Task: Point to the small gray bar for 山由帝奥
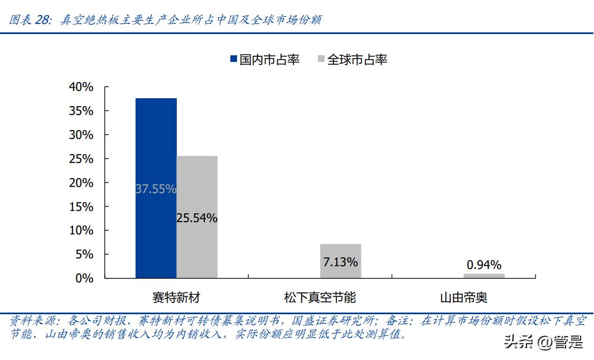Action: pyautogui.click(x=484, y=276)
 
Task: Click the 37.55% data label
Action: pyautogui.click(x=156, y=189)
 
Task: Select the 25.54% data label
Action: pyautogui.click(x=197, y=218)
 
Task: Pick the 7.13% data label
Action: pyautogui.click(x=340, y=262)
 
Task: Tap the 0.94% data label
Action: pyautogui.click(x=484, y=265)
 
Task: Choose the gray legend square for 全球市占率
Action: pyautogui.click(x=321, y=60)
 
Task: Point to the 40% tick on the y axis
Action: pyautogui.click(x=81, y=87)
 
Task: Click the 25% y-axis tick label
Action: pyautogui.click(x=81, y=159)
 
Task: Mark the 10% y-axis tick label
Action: pyautogui.click(x=81, y=231)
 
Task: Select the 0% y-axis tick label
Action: pyautogui.click(x=84, y=278)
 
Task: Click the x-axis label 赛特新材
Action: pyautogui.click(x=176, y=297)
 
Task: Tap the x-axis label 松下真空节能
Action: pyautogui.click(x=320, y=297)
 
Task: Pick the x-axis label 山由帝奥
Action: pyautogui.click(x=463, y=297)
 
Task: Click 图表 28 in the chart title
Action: pyautogui.click(x=30, y=20)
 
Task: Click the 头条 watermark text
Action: pyautogui.click(x=518, y=342)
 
